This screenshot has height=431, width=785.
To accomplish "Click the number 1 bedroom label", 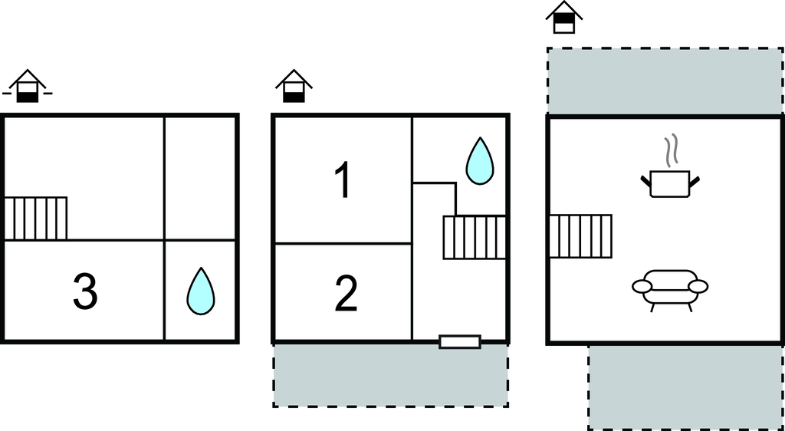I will (343, 181).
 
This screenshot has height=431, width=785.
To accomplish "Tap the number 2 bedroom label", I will (346, 294).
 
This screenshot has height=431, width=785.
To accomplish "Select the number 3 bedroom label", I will (85, 293).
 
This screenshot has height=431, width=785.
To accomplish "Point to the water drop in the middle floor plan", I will (481, 161).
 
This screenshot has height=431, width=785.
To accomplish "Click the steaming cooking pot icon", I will (670, 183).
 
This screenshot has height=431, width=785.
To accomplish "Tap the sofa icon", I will (670, 289).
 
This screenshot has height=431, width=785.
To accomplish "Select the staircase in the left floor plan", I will (36, 219).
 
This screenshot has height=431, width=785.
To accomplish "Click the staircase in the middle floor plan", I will (475, 237).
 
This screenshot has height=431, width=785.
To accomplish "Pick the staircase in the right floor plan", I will (580, 236).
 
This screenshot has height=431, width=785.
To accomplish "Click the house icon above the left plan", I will (28, 87).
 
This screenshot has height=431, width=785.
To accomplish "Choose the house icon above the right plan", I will (564, 18).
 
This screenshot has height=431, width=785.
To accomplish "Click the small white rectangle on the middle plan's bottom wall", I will (460, 342).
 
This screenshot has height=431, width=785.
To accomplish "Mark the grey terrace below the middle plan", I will (391, 375).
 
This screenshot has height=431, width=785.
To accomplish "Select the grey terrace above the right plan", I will (664, 81).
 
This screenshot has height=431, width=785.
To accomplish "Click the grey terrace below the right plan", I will (686, 387).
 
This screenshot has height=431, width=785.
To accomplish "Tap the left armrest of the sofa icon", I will (642, 287).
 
